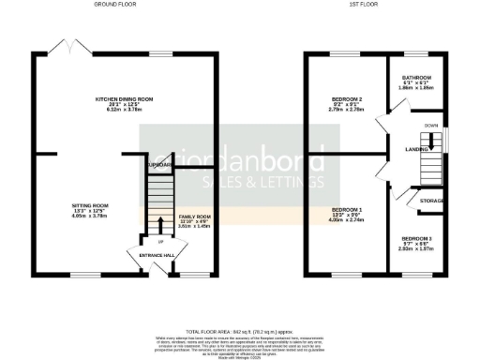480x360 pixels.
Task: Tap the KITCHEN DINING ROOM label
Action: point(124,97)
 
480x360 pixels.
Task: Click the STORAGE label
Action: point(432,200)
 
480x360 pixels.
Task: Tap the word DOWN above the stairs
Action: point(430,125)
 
